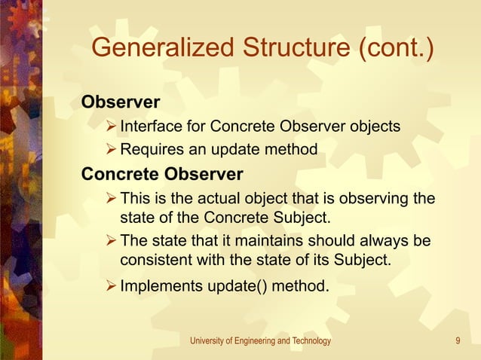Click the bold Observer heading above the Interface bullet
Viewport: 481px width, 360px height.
point(121,102)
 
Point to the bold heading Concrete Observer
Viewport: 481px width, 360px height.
point(162,175)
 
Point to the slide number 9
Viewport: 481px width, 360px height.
point(458,341)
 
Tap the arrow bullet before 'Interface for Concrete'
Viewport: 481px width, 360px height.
point(111,126)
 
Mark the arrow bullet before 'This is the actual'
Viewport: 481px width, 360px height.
point(111,199)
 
